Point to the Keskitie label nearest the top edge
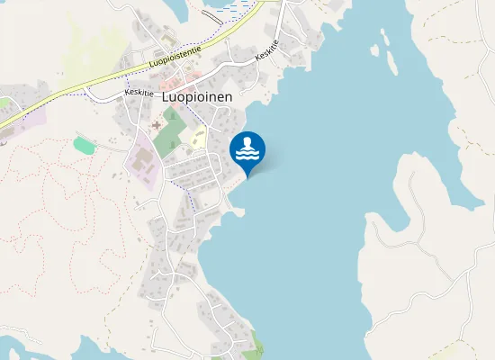[x=267, y=50]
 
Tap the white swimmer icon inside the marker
[x=247, y=148]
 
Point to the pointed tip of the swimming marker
[x=247, y=176]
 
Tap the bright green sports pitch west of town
[x=84, y=144]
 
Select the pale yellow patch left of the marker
[x=199, y=137]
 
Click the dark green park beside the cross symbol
[x=168, y=135]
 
